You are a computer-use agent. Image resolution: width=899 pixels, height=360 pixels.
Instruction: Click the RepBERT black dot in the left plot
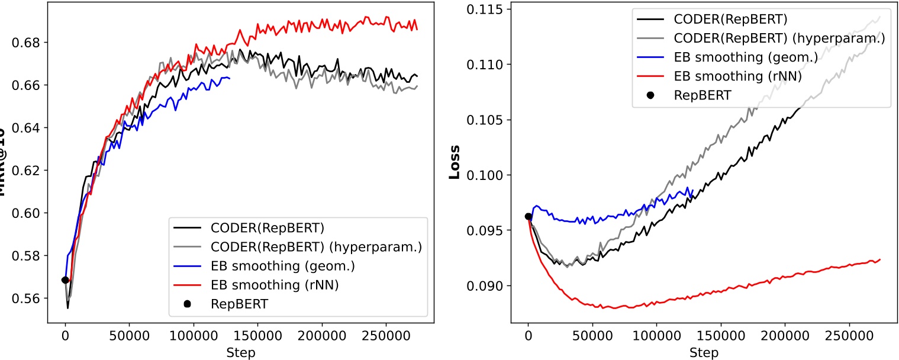click(65, 280)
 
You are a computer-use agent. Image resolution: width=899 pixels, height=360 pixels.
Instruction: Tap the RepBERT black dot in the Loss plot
click(529, 216)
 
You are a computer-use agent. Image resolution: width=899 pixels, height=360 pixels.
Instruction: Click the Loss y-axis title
click(455, 162)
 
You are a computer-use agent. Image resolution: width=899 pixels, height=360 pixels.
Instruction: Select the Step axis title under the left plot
click(241, 353)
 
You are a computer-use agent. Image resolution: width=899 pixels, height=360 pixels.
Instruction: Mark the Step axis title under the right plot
click(704, 353)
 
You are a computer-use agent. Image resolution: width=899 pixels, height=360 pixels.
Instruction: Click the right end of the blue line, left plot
click(230, 78)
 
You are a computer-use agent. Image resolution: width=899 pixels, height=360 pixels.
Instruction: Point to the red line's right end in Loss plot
click(880, 259)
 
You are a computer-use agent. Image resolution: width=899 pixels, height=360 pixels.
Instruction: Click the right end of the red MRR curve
click(417, 29)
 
